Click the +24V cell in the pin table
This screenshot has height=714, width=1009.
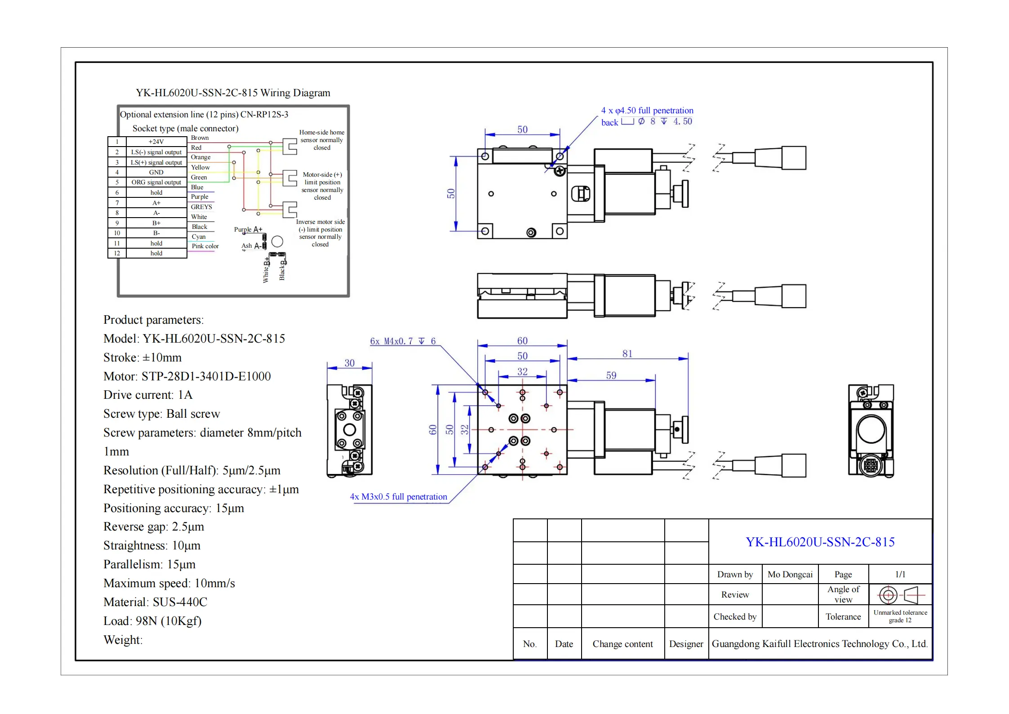click(x=156, y=142)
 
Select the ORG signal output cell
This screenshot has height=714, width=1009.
click(x=156, y=183)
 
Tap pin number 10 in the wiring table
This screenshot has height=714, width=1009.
click(x=117, y=233)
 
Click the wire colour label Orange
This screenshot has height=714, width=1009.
click(x=200, y=157)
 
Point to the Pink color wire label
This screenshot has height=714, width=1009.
click(x=205, y=246)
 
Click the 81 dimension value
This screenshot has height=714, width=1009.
click(x=627, y=354)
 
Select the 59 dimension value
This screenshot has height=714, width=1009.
click(x=611, y=375)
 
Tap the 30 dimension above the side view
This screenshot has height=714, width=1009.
click(x=349, y=363)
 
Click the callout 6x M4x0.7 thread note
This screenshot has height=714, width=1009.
click(x=403, y=341)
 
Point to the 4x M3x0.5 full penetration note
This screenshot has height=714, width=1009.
click(x=398, y=497)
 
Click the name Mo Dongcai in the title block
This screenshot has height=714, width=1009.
click(x=790, y=575)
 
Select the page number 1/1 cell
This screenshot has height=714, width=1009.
click(x=900, y=575)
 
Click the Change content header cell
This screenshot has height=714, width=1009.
click(x=622, y=644)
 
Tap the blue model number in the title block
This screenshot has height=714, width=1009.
click(x=820, y=542)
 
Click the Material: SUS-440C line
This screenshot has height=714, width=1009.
click(x=155, y=602)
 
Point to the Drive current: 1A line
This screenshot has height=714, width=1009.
click(x=148, y=395)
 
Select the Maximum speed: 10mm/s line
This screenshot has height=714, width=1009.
click(x=169, y=583)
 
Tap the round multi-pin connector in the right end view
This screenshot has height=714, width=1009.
click(x=870, y=465)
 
